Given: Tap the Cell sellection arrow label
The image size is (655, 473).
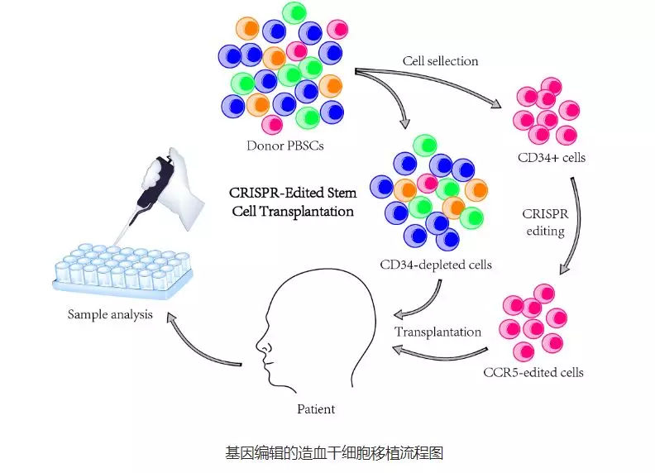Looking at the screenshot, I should (x=440, y=60).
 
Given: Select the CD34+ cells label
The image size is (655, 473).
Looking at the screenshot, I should (x=552, y=157).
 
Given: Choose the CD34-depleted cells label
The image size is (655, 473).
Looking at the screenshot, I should (x=436, y=265).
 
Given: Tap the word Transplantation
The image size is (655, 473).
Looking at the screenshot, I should (x=437, y=332).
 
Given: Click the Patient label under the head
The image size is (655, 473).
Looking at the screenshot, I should (x=316, y=408).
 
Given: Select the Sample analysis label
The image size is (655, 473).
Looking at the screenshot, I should (x=111, y=314).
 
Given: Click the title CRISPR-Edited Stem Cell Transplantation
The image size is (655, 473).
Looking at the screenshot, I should (x=293, y=202).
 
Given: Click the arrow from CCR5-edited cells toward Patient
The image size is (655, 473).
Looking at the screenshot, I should (x=447, y=353).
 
